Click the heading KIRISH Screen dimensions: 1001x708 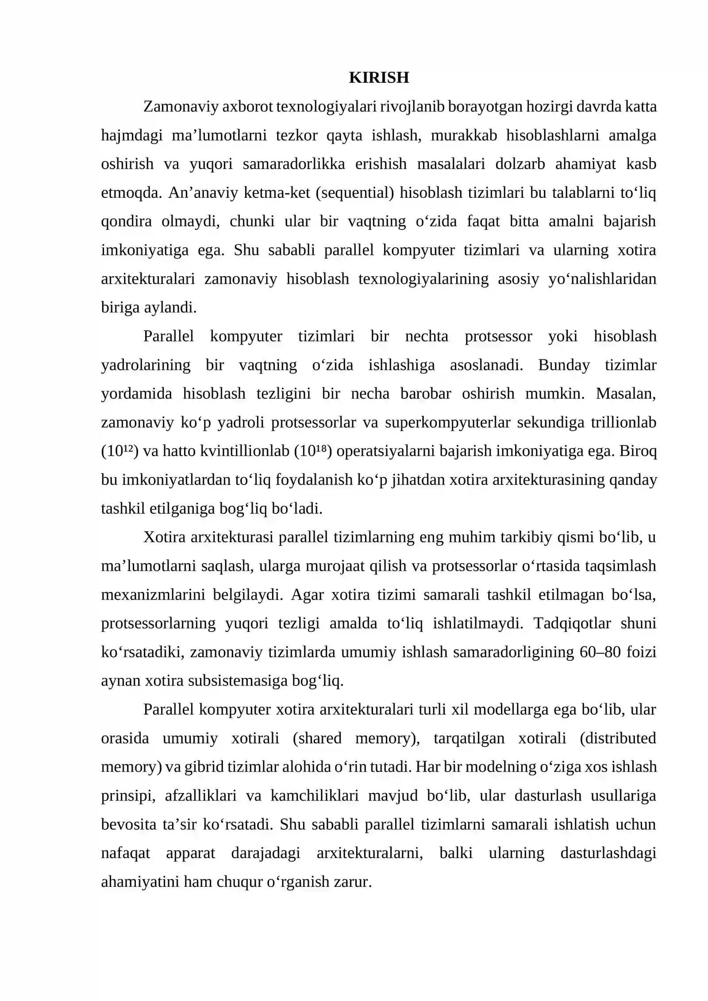coord(379,77)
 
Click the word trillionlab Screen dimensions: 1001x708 coord(623,422)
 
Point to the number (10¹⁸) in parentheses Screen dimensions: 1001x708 coord(313,451)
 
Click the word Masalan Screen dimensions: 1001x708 coord(625,393)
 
